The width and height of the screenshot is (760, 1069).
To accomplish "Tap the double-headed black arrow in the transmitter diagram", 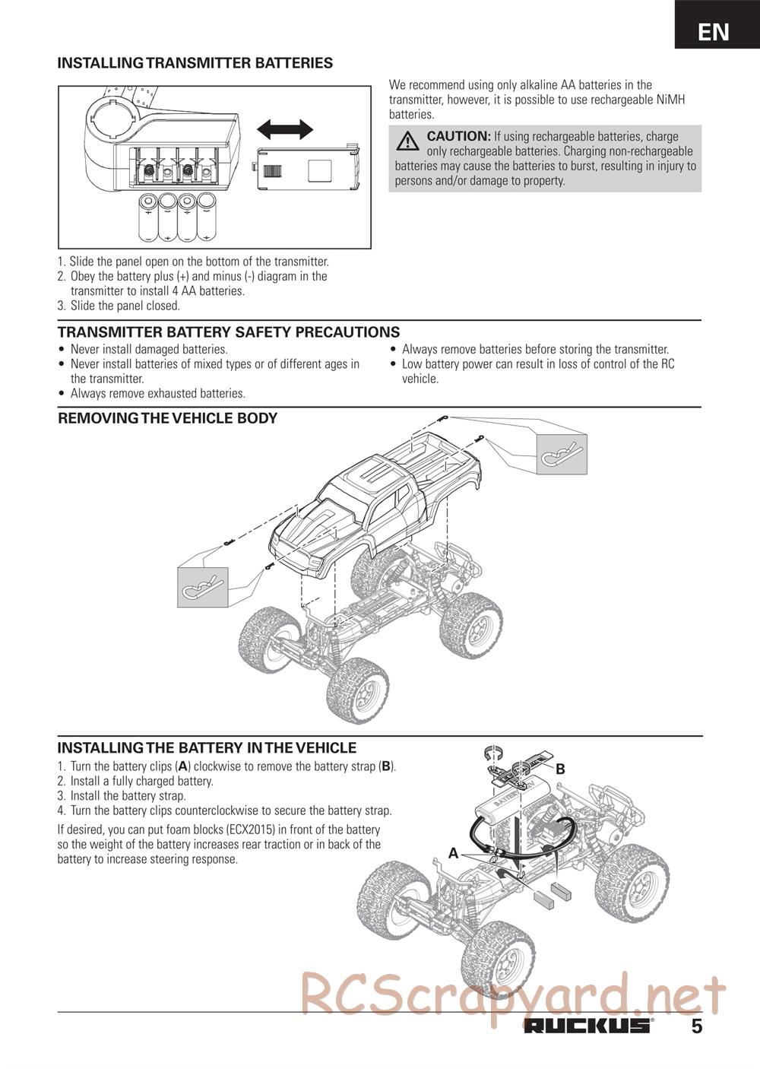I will point(285,129).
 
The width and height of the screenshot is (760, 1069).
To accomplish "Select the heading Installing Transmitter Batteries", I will point(195,63).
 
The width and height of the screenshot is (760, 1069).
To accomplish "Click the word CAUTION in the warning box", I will point(458,136).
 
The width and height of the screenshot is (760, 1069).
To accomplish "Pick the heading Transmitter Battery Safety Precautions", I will point(229,332).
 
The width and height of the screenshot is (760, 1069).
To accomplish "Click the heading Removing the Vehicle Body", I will point(168,418).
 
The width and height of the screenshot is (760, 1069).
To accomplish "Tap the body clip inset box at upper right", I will point(562,453).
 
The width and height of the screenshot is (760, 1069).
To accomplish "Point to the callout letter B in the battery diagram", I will point(560,769).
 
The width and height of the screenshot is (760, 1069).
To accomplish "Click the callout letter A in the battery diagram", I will point(453,853).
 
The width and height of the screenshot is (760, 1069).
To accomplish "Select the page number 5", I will point(697,1026).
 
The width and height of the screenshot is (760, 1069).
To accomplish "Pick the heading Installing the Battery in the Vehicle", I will point(207,748).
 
